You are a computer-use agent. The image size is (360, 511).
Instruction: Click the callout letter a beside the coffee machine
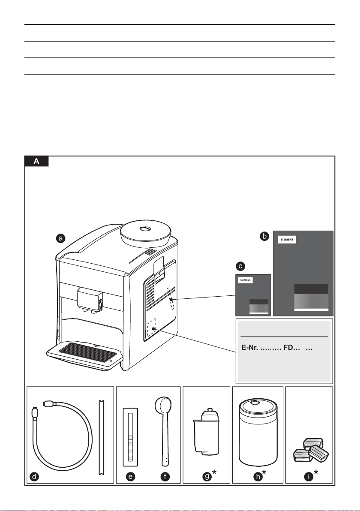pyautogui.click(x=62, y=238)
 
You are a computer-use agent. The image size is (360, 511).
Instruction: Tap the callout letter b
pyautogui.click(x=265, y=236)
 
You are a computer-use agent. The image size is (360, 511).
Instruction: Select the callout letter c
pyautogui.click(x=241, y=266)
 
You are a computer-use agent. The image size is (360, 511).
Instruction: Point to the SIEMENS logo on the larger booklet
pyautogui.click(x=288, y=240)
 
